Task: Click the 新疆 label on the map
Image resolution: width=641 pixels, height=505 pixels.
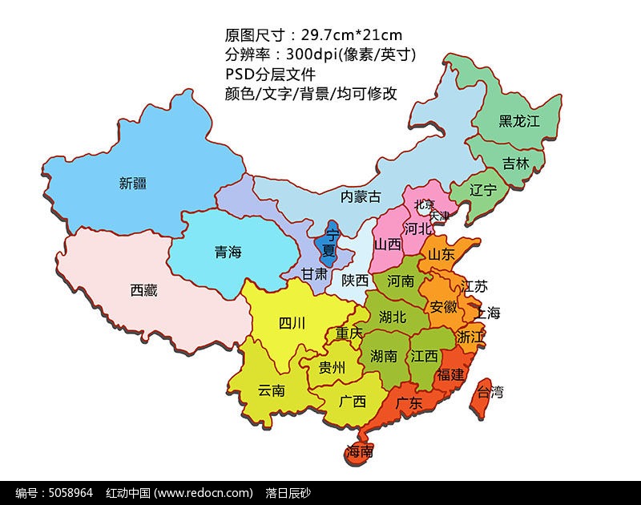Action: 133,183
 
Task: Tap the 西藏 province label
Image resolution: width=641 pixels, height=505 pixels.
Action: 143,290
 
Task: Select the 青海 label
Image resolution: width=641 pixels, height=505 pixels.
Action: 228,252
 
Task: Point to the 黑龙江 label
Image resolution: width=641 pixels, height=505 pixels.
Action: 519,121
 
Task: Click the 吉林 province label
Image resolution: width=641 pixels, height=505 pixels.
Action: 516,163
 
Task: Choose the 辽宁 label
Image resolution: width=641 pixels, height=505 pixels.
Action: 483,190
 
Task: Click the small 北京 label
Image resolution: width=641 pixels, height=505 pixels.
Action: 424,205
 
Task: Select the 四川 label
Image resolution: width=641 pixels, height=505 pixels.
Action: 292,323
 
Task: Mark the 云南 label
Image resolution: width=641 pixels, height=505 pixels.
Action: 272,390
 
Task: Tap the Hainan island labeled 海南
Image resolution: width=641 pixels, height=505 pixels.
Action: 359,452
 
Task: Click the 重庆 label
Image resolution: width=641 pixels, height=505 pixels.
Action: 349,333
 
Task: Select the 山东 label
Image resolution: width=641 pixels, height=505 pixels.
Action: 441,254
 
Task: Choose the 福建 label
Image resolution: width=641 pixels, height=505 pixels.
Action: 450,374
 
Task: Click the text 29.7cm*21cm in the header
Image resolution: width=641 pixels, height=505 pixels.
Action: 351,34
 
